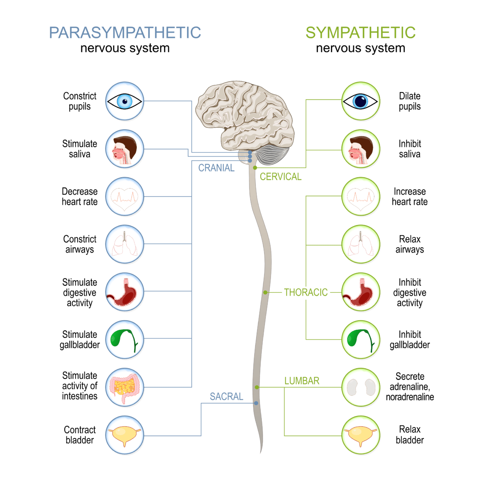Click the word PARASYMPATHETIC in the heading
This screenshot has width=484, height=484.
tap(125, 33)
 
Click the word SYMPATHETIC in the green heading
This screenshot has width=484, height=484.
tap(360, 33)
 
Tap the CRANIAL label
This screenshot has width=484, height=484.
tap(216, 168)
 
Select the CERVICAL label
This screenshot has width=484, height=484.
tap(281, 176)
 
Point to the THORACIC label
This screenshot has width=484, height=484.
tap(306, 292)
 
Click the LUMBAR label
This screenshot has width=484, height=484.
tap(302, 381)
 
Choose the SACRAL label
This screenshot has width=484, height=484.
tap(227, 396)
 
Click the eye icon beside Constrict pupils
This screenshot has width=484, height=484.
tap(125, 101)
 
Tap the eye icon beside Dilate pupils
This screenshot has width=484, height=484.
tap(361, 101)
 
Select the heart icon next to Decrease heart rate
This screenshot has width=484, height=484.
tap(125, 197)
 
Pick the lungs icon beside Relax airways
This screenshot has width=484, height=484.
tap(361, 245)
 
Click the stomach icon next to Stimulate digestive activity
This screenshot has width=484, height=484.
tap(125, 292)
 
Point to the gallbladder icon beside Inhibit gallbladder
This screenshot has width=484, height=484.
tap(361, 340)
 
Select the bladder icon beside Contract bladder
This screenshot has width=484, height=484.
tap(125, 435)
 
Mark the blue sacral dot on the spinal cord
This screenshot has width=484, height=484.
tap(256, 403)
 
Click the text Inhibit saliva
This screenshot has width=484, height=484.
tap(409, 149)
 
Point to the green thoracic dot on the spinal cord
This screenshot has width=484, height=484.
tap(265, 292)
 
